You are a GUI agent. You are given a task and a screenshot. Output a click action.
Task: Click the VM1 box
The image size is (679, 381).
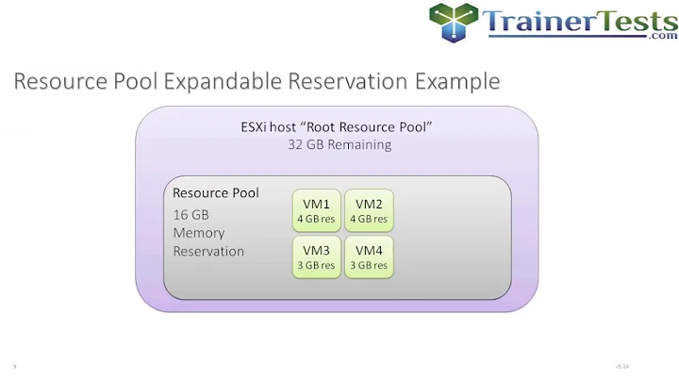tap(316, 210)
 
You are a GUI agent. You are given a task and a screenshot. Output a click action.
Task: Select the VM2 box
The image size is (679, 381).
tap(369, 210)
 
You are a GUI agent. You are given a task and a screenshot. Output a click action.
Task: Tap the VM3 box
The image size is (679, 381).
tap(316, 257)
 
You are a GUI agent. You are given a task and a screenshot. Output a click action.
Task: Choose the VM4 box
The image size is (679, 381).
tap(369, 257)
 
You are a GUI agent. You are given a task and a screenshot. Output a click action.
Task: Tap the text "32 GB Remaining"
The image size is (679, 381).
tap(339, 145)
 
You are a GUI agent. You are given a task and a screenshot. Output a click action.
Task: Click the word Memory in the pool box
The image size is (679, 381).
tap(199, 232)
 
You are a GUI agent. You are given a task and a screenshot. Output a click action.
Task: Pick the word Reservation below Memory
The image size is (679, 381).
tap(208, 251)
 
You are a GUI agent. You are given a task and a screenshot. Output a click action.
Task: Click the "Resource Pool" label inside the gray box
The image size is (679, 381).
tap(216, 192)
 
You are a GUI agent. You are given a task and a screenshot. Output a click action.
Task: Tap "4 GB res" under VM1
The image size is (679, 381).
tap(316, 219)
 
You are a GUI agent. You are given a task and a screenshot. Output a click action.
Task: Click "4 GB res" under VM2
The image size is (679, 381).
tap(369, 219)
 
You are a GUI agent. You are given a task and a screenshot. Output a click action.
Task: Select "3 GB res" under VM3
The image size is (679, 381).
tap(316, 265)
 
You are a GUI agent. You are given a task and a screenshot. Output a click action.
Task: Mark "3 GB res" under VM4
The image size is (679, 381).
tap(369, 265)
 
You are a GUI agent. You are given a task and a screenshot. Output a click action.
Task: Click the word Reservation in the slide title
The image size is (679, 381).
tap(355, 82)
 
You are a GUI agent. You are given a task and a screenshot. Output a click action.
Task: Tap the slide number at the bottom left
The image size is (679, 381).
tap(15, 365)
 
